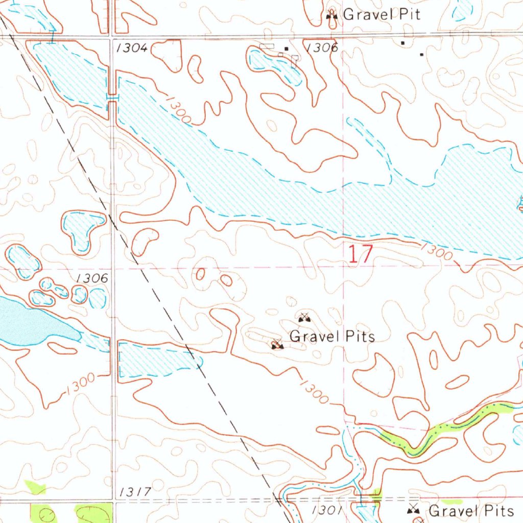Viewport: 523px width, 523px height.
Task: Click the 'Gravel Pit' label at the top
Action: tap(382, 14)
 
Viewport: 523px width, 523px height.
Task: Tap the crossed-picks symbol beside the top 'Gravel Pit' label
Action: tap(332, 15)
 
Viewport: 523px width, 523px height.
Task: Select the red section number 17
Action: tap(361, 254)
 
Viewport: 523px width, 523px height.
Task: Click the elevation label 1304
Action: tap(132, 48)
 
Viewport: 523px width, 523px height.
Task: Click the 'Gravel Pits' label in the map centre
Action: tap(332, 337)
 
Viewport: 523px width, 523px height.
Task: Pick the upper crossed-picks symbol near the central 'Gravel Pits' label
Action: tap(304, 318)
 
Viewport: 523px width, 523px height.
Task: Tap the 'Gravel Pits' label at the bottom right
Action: tap(471, 511)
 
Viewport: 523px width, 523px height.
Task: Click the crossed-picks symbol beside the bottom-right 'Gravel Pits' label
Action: tap(414, 509)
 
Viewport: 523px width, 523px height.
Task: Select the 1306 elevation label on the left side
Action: tap(91, 278)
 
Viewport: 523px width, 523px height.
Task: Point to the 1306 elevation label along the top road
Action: tap(322, 48)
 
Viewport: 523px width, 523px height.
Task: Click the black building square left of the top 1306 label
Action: tap(286, 49)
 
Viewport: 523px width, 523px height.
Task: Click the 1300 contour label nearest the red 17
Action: tap(436, 251)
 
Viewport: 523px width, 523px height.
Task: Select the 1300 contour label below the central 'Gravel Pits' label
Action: tap(313, 391)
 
